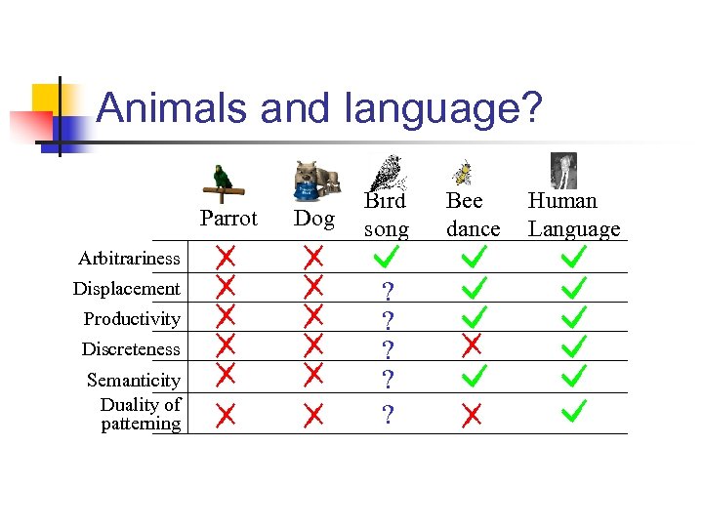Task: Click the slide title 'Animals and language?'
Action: point(318,107)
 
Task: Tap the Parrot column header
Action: point(228,218)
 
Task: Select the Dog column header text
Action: point(314,218)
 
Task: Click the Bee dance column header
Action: point(473,215)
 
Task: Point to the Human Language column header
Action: point(574,215)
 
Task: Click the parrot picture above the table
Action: point(227,181)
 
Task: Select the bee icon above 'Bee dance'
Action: point(462,173)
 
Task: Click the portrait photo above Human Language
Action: point(563,169)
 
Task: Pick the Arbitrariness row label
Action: point(130,259)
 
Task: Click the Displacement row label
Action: point(127,289)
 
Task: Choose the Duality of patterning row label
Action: point(142,414)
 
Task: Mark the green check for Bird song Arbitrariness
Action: point(388,258)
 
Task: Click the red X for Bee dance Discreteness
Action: point(472,345)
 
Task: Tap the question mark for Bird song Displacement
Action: point(388,291)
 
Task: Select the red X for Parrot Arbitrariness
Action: point(226,258)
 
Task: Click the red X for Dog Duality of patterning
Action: point(313,416)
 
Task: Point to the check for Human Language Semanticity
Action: point(573,374)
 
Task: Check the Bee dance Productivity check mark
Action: point(474,316)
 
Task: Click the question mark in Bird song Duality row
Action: point(388,416)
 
